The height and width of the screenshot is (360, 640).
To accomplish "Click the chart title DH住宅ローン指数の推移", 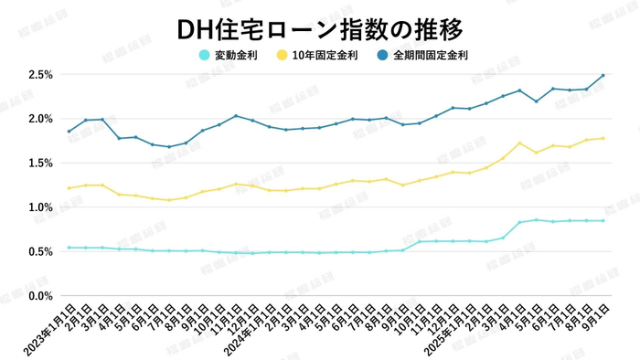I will tap(319, 27).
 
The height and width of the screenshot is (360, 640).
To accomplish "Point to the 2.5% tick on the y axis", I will tap(40, 74).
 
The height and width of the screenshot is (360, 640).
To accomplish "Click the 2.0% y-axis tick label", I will tap(40, 119).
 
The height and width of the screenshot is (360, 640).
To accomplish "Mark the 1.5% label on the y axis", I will tap(40, 163).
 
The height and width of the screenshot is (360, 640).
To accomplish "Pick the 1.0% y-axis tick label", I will tap(40, 207).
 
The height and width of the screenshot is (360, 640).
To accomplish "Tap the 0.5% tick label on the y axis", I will tap(40, 251).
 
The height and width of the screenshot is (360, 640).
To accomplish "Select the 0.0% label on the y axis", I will tap(40, 296).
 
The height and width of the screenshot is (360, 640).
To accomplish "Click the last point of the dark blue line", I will tap(603, 75).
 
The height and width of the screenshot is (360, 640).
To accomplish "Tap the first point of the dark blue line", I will tap(69, 132).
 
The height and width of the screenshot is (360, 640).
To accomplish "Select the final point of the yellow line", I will tap(603, 138).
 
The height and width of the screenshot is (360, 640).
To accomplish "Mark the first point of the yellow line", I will tap(69, 188).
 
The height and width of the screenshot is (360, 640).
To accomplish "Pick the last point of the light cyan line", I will tap(603, 220).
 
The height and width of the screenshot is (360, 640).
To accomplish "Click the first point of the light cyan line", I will tap(69, 248).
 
